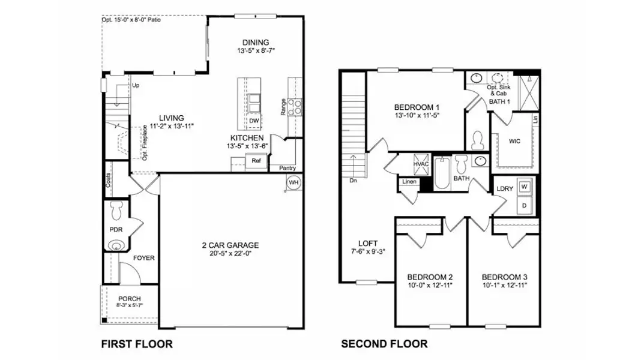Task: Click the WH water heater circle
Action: (293, 182)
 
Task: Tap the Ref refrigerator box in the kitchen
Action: (256, 161)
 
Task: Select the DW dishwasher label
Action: (254, 121)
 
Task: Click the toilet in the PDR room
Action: (116, 211)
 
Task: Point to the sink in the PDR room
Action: (115, 245)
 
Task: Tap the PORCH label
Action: (129, 299)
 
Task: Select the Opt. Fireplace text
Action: (145, 143)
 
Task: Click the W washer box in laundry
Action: (524, 187)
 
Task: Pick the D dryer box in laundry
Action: (524, 205)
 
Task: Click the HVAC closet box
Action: (420, 164)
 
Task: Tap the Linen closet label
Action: (409, 181)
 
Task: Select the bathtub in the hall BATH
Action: (442, 175)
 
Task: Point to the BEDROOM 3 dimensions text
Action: (505, 286)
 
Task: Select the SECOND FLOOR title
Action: (384, 344)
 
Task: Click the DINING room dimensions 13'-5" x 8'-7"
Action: (256, 52)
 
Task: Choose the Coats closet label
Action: (108, 181)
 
